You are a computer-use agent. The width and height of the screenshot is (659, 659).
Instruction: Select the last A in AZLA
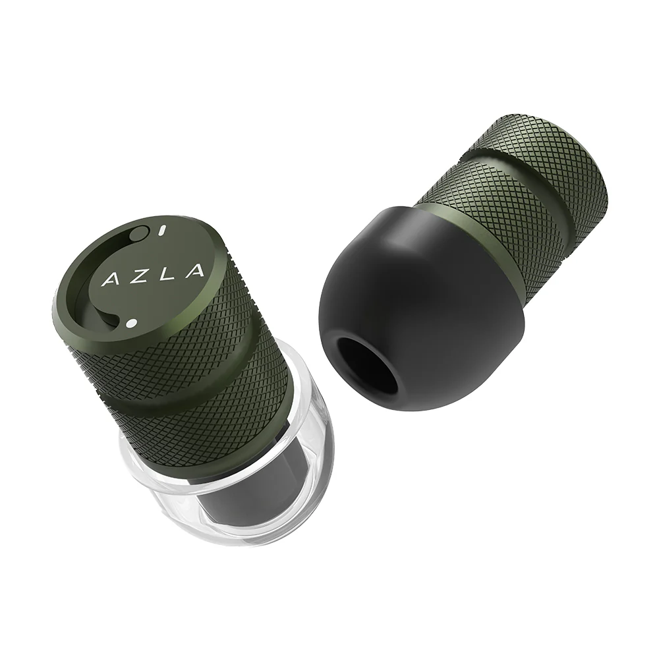(x=194, y=269)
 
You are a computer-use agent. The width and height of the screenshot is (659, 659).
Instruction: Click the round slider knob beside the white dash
(x=140, y=233)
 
